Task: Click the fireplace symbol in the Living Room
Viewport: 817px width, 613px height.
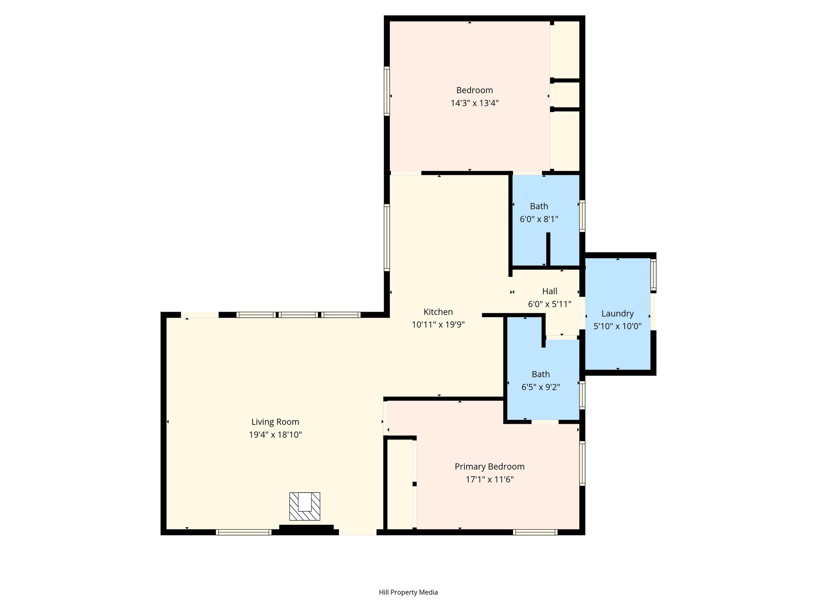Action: click(304, 506)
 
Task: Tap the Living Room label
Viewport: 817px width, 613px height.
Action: click(275, 422)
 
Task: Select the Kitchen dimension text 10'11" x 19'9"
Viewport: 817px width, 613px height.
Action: click(438, 325)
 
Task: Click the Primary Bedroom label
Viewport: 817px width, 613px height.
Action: click(489, 467)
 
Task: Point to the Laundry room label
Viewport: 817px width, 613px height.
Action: click(618, 314)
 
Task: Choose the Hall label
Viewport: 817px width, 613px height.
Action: click(550, 291)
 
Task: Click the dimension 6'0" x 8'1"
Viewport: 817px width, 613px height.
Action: click(539, 219)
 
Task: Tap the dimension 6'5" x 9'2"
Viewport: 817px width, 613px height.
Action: click(541, 387)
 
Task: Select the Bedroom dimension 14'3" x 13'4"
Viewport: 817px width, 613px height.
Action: click(475, 103)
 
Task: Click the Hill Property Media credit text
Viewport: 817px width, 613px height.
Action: click(408, 592)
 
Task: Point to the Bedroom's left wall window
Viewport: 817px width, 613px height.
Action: click(387, 91)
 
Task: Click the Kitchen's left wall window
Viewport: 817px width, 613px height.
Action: click(387, 237)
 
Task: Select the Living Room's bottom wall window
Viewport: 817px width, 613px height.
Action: click(244, 532)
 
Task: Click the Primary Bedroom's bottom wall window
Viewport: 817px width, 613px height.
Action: click(535, 532)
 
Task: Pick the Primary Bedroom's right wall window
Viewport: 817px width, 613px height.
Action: click(582, 463)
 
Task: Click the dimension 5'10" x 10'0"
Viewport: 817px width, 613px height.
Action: click(618, 326)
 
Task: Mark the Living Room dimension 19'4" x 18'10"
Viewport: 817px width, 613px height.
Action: click(275, 435)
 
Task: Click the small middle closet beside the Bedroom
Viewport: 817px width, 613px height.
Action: click(567, 95)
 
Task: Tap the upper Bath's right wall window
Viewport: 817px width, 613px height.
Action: click(582, 216)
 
